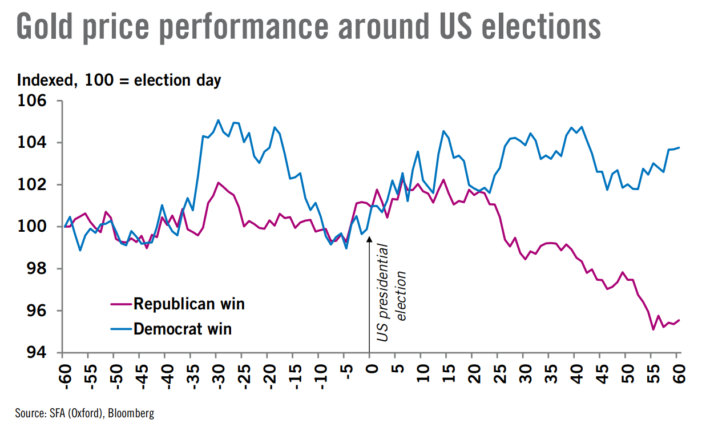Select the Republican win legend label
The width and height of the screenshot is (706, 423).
[189, 303]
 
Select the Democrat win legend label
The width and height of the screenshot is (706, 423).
[183, 328]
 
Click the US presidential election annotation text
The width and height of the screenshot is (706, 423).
[392, 293]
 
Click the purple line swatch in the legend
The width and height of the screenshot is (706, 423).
[120, 304]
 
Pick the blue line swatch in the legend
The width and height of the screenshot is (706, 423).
[120, 329]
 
